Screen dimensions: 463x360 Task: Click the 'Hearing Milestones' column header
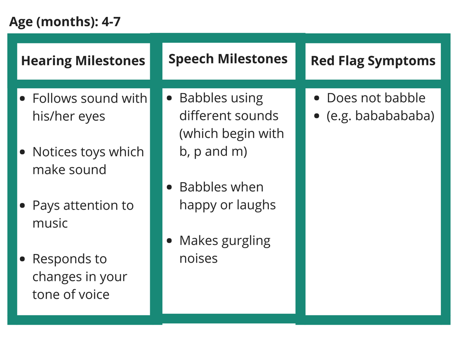(x=83, y=61)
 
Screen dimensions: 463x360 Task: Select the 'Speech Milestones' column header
(x=228, y=59)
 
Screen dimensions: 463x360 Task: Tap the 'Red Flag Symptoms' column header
(x=373, y=61)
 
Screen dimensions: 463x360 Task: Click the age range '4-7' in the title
(x=111, y=22)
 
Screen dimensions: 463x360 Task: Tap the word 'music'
(x=50, y=223)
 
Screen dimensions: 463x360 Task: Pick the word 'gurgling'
(x=246, y=241)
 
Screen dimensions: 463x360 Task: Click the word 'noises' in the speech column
(x=198, y=259)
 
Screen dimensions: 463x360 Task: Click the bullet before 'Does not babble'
(x=317, y=98)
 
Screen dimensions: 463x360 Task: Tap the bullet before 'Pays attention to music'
(x=23, y=206)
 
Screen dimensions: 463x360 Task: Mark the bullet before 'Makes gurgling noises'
(x=170, y=240)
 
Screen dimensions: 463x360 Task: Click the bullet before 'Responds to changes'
(x=23, y=259)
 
